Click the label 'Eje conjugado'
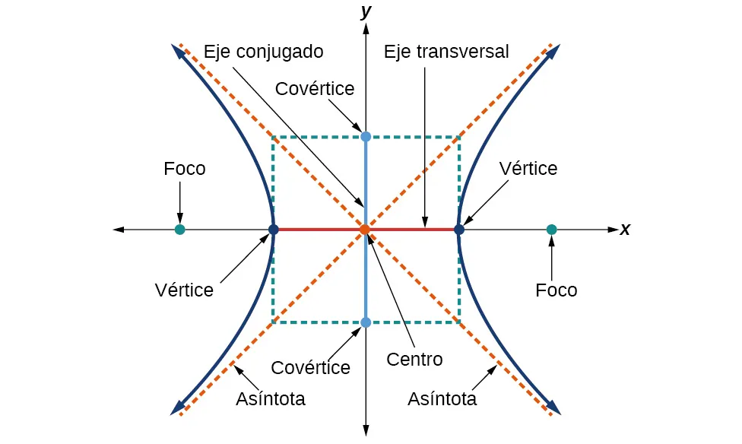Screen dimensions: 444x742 [x=263, y=52]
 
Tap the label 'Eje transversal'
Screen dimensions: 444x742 [x=446, y=52]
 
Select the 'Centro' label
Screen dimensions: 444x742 [x=414, y=358]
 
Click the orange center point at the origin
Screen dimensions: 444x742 [x=365, y=229]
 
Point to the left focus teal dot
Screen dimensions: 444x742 [x=180, y=229]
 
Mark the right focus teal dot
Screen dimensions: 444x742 [x=551, y=229]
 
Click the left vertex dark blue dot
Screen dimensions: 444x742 [x=273, y=229]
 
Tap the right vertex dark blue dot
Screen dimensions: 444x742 [x=458, y=229]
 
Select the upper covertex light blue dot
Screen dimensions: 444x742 [x=366, y=136]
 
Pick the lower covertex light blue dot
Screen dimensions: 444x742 [x=366, y=322]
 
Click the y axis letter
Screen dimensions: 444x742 [x=366, y=11]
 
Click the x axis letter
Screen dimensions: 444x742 [x=625, y=229]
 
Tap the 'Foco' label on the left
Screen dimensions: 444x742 [x=185, y=168]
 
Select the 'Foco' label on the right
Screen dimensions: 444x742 [x=556, y=290]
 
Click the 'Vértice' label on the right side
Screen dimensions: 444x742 [x=528, y=168]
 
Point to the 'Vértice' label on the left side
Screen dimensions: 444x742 [x=184, y=290]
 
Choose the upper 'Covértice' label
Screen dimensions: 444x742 [x=315, y=89]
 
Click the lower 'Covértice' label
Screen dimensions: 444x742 [x=311, y=367]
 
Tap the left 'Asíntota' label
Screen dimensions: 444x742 [x=271, y=398]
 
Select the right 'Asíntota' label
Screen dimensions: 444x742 [x=442, y=398]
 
